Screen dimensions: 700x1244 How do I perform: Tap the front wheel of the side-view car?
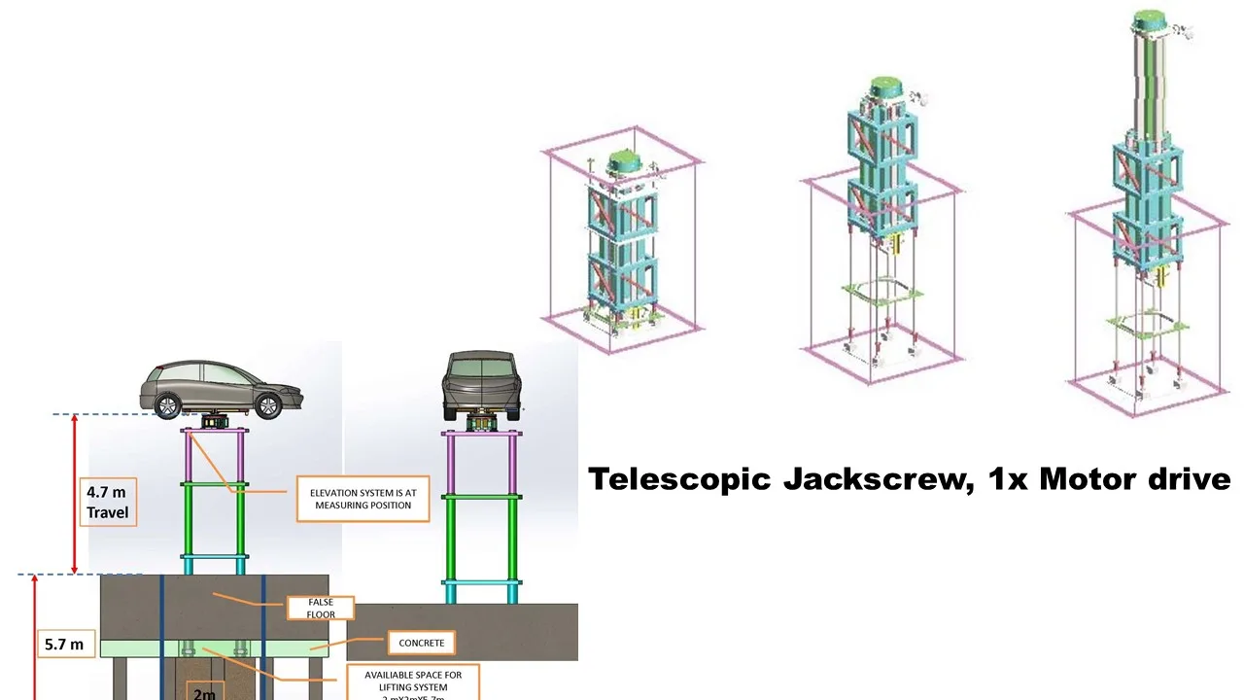[x=268, y=405]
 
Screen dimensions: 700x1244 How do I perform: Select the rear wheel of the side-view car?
[x=168, y=405]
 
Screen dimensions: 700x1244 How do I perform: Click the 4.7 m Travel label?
[x=107, y=502]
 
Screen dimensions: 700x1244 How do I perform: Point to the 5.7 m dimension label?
[x=64, y=644]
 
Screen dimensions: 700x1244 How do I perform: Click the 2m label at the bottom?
[x=204, y=692]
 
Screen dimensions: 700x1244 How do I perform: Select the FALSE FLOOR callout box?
[x=321, y=609]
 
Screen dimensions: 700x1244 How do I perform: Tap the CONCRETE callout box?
[x=421, y=643]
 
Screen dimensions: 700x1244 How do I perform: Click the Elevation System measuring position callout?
[x=362, y=499]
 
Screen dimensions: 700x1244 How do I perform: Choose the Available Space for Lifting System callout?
[x=413, y=681]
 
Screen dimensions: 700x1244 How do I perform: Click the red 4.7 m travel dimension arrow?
[x=75, y=494]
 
